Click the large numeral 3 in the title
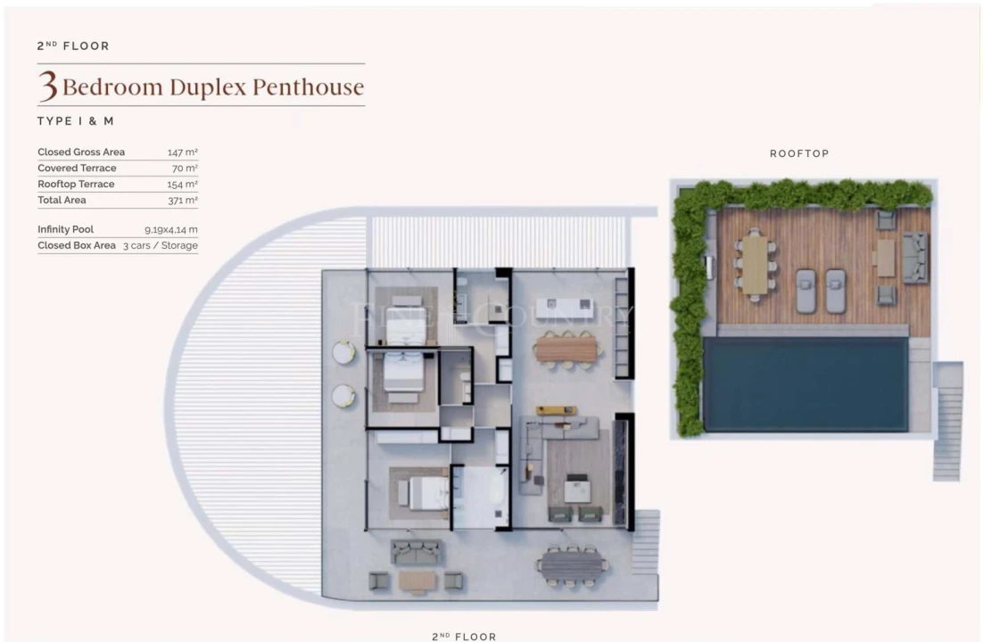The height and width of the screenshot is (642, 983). [x=48, y=87]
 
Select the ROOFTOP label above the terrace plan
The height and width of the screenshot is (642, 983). [x=799, y=153]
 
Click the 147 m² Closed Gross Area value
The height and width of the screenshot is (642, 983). [x=182, y=152]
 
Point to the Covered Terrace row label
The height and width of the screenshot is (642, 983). [x=77, y=169]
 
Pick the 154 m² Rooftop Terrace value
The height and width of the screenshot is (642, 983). [x=182, y=185]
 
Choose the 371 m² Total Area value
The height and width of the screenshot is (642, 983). [x=182, y=201]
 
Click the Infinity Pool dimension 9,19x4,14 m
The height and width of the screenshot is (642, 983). [x=171, y=229]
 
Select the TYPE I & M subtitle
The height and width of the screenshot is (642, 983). [x=76, y=120]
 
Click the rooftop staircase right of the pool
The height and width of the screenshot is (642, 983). [x=947, y=419]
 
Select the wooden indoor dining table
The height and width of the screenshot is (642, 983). [x=565, y=348]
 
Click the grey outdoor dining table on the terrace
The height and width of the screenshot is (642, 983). [x=571, y=564]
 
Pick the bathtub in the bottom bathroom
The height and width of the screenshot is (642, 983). [x=480, y=495]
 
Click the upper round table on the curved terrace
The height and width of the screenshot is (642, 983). [x=343, y=353]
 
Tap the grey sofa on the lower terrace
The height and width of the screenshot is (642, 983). [x=417, y=552]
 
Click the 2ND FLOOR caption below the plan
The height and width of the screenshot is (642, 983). [x=464, y=637]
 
